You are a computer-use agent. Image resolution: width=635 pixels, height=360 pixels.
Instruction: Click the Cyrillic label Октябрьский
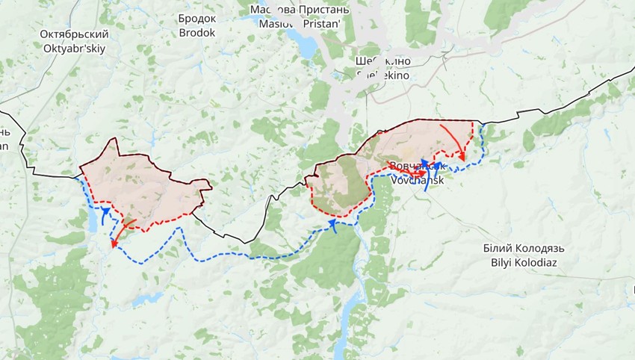pyautogui.click(x=75, y=34)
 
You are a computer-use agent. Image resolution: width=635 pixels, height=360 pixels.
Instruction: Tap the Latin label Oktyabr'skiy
pyautogui.click(x=75, y=48)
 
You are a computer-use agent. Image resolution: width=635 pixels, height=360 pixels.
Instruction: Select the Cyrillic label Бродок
pyautogui.click(x=197, y=19)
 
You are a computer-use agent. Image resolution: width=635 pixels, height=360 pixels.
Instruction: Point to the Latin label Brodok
pyautogui.click(x=197, y=33)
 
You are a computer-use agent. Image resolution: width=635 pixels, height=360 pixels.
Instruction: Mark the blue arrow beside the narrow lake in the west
pyautogui.click(x=105, y=216)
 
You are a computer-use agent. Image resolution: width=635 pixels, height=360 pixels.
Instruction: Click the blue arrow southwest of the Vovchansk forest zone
pyautogui.click(x=334, y=226)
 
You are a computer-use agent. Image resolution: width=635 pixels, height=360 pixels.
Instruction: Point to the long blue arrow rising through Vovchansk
pyautogui.click(x=426, y=175)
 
